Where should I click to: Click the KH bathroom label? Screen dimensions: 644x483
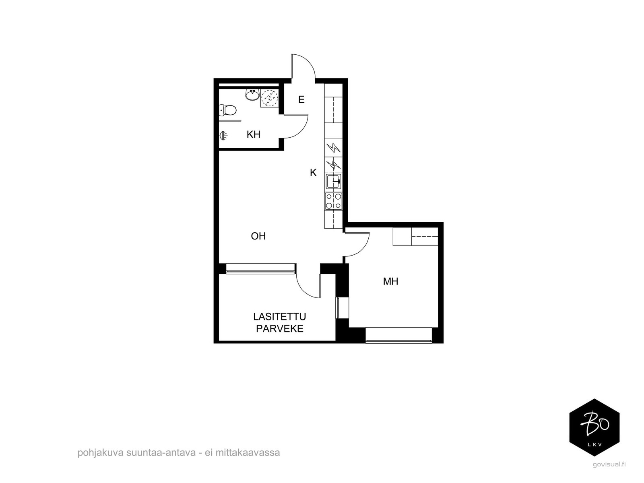pyautogui.click(x=253, y=134)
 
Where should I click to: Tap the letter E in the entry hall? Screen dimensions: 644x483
pyautogui.click(x=301, y=100)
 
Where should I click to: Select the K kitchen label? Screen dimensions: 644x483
pyautogui.click(x=313, y=173)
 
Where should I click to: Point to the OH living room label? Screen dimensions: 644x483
pyautogui.click(x=258, y=236)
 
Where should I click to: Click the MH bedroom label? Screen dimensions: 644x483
pyautogui.click(x=390, y=281)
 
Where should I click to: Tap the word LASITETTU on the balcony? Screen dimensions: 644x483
pyautogui.click(x=280, y=317)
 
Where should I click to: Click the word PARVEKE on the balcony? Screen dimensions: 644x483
pyautogui.click(x=280, y=328)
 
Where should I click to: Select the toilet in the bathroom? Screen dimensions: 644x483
pyautogui.click(x=228, y=110)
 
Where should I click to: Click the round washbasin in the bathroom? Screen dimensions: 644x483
pyautogui.click(x=252, y=95)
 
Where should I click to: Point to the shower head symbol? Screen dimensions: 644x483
pyautogui.click(x=223, y=136)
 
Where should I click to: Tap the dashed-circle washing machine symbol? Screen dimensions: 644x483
pyautogui.click(x=269, y=97)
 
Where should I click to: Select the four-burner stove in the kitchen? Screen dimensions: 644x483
pyautogui.click(x=334, y=201)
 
